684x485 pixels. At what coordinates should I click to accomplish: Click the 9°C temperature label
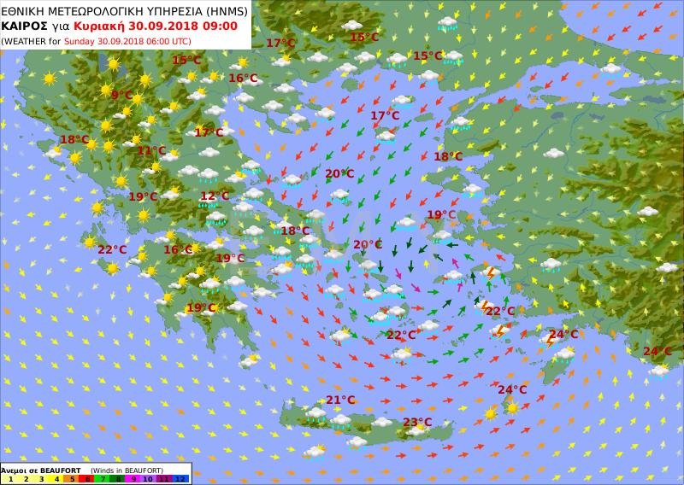121,96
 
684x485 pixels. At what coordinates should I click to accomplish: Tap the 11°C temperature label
151,151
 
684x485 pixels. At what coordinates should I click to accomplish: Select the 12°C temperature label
215,196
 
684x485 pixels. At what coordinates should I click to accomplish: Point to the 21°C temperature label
340,400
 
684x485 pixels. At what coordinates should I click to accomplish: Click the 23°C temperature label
417,423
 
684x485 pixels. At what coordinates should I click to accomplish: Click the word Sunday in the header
80,40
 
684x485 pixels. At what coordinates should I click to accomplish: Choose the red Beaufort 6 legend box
87,479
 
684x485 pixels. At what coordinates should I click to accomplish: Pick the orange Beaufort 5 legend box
72,479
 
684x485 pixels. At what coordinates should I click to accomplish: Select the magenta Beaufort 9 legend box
133,479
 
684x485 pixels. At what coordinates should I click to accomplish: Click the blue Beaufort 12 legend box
180,479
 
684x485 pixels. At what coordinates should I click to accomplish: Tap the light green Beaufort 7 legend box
103,479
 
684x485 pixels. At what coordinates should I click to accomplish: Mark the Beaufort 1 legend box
10,479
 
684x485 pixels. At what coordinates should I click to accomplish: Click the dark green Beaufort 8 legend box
118,479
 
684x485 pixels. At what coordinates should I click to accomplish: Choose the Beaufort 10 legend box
149,479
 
